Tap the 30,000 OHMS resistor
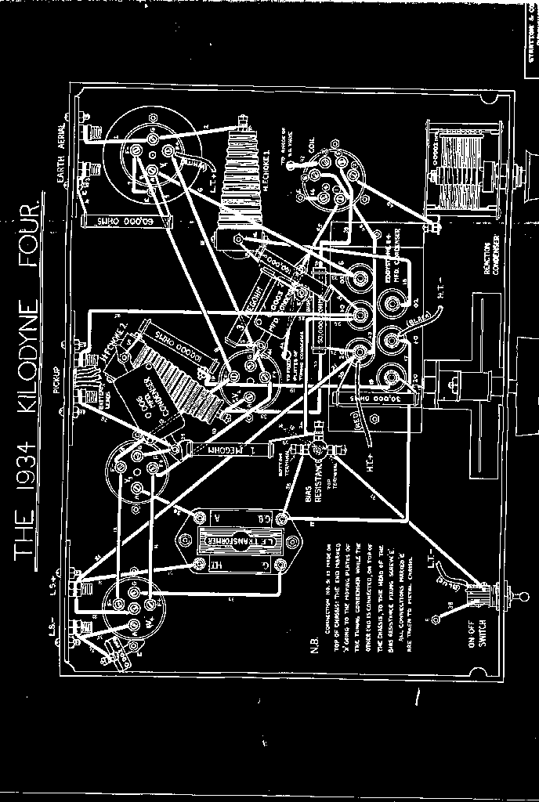tap(368, 399)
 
